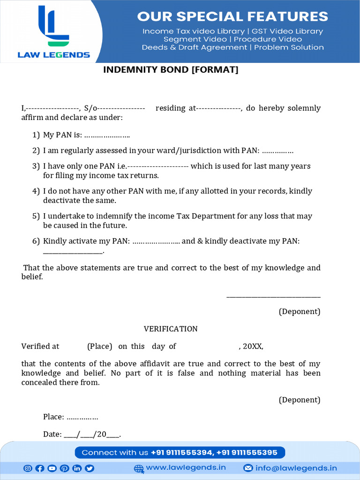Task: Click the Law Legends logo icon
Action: coord(53,26)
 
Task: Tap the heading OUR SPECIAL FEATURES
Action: coord(232,16)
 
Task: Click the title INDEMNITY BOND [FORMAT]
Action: coord(171,70)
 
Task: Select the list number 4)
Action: coord(36,191)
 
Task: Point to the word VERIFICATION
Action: coord(171,329)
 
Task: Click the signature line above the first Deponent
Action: coord(273,297)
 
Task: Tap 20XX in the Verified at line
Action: coord(253,346)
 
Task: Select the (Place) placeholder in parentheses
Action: coord(99,346)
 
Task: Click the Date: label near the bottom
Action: coord(52,435)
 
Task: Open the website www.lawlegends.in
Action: coord(186,468)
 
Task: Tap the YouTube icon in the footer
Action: coord(52,468)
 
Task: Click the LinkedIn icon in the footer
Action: coord(76,468)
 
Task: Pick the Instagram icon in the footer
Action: coord(28,468)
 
